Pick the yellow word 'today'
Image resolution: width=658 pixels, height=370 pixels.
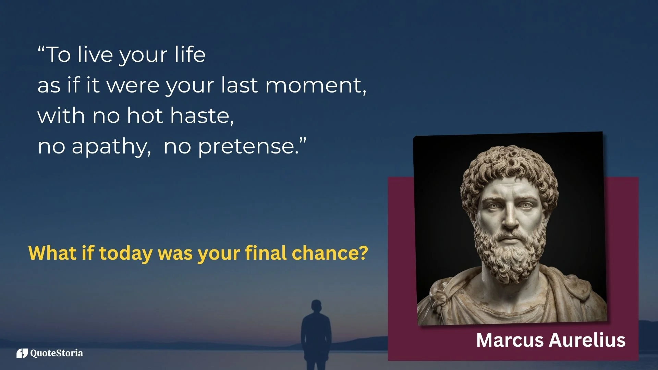[x=125, y=254]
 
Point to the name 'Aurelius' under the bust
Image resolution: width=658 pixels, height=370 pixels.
[x=587, y=340]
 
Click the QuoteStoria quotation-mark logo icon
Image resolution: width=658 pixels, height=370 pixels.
[x=22, y=353]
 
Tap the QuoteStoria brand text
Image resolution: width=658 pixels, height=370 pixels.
[x=57, y=353]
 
